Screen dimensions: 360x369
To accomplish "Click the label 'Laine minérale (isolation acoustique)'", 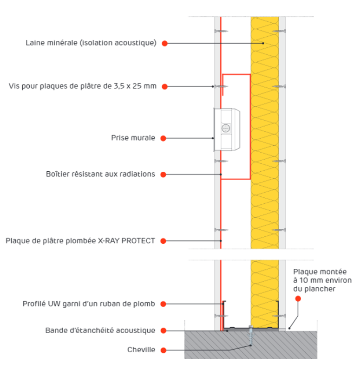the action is coord(91,43).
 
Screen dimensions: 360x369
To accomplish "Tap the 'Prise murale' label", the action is coord(133,138).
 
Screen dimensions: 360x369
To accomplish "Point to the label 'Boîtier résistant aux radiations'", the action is coord(100,174).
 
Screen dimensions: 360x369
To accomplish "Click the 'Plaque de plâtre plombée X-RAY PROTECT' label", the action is coord(80,241).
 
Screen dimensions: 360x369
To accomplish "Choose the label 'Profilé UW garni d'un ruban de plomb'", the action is coord(89,304).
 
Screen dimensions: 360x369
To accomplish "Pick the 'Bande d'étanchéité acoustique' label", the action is coord(100,330).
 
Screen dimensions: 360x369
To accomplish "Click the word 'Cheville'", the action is coord(141,350).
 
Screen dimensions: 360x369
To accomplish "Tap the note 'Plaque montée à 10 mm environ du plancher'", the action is coord(322,280).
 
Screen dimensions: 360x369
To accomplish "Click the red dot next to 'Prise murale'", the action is coord(163,138).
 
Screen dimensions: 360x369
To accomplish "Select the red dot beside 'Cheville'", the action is coord(164,350).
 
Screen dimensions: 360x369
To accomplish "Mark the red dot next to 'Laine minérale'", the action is coord(164,43).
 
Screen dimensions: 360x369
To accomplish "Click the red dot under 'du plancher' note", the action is coord(298,298).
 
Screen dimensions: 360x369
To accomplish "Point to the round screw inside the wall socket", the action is coord(226,128).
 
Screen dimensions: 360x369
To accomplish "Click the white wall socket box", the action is coord(227,129).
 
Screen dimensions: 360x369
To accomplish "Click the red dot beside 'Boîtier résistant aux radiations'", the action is coord(163,175).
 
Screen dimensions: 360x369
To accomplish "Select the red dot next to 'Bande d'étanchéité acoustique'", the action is coord(164,330).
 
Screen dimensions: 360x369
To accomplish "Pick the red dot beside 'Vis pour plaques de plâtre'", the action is coord(164,87).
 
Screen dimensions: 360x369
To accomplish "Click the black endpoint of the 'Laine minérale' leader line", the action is coord(263,43).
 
